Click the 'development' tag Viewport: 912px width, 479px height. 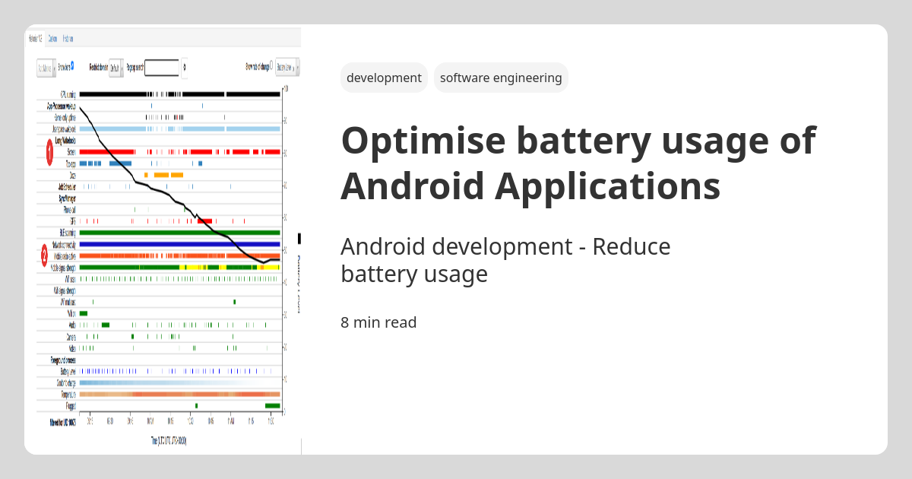[x=384, y=78]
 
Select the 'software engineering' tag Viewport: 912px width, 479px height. [x=501, y=78]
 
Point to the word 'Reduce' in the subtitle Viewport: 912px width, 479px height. [x=632, y=246]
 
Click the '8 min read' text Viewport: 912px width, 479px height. [x=378, y=322]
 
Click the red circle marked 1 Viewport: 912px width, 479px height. [x=49, y=152]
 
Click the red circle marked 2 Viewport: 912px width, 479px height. [x=45, y=255]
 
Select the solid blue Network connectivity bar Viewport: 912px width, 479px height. [x=179, y=244]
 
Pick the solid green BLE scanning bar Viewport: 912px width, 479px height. [x=179, y=232]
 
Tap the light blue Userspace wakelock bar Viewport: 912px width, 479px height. [x=179, y=128]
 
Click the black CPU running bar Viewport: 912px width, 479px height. [x=114, y=94]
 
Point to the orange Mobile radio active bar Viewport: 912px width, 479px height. [x=179, y=255]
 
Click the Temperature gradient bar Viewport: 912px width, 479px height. [x=179, y=395]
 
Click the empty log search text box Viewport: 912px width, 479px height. [x=162, y=68]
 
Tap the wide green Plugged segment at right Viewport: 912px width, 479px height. [x=272, y=406]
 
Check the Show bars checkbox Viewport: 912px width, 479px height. [x=72, y=66]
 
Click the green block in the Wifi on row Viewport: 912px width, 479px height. [x=84, y=313]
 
